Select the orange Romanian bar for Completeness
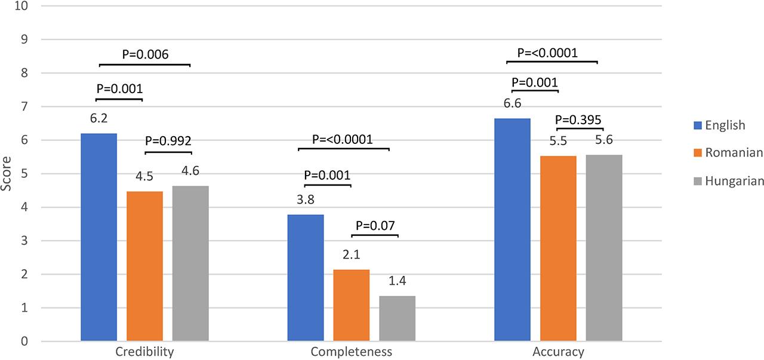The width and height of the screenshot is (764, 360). click(x=351, y=305)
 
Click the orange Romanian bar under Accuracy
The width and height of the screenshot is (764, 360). click(x=558, y=248)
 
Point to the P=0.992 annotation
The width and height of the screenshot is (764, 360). click(x=169, y=141)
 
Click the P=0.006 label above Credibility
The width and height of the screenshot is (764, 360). click(x=145, y=54)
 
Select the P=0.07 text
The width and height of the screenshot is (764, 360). click(x=375, y=226)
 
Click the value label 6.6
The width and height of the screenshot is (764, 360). click(x=513, y=104)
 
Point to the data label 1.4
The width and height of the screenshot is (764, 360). click(x=397, y=281)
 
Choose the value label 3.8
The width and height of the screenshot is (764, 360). click(x=306, y=200)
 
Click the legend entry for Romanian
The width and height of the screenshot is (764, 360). click(x=734, y=153)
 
